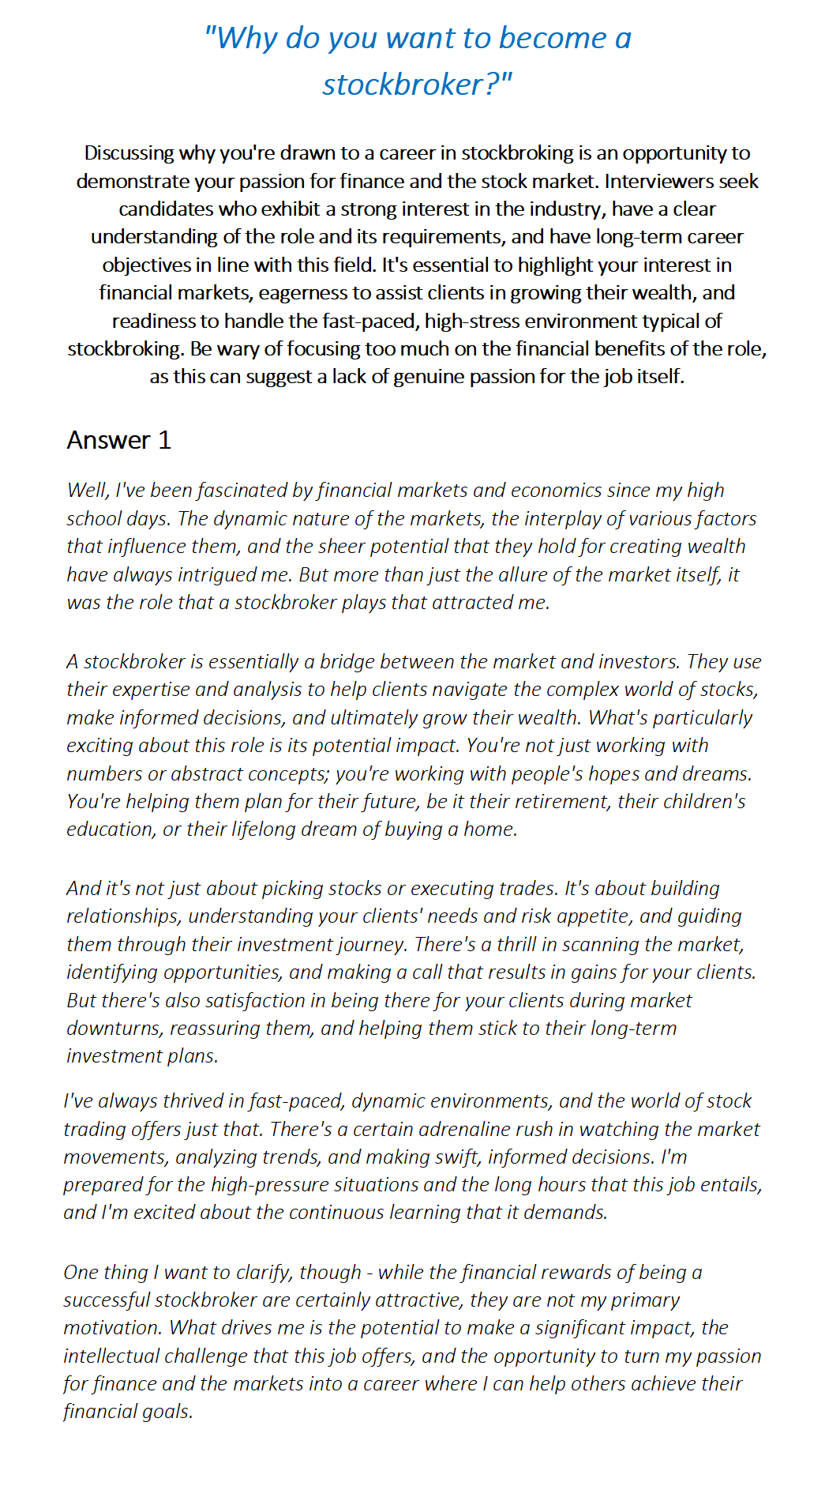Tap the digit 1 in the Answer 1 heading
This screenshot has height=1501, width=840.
(x=164, y=440)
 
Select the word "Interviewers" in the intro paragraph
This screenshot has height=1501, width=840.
(x=659, y=181)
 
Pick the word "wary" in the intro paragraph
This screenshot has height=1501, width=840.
(x=249, y=349)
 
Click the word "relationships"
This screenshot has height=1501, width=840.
(x=123, y=916)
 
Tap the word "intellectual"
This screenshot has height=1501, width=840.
(x=112, y=1356)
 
